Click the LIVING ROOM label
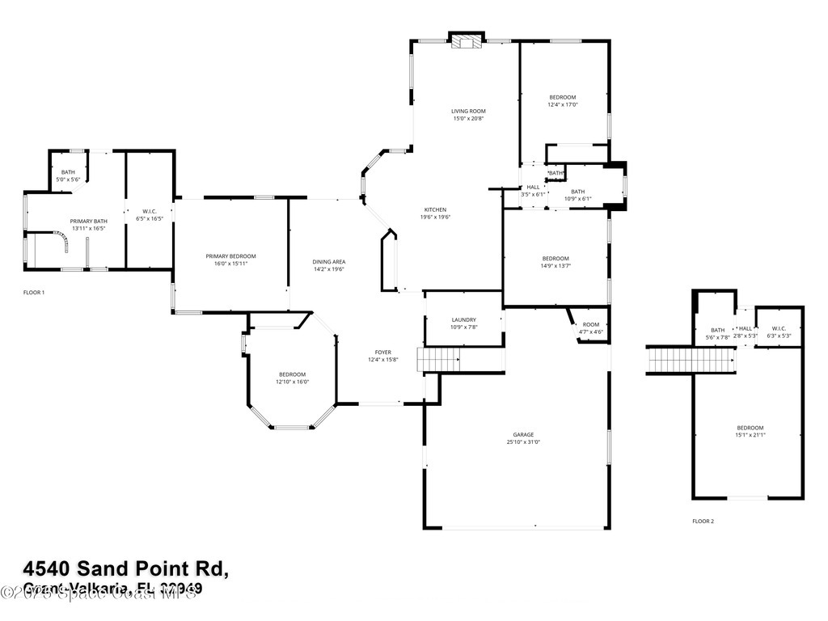pos(468,111)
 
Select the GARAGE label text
pos(523,434)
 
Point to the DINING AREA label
pos(329,262)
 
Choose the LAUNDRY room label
pos(463,319)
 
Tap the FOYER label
pos(382,353)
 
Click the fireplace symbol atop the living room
pos(467,42)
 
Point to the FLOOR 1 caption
pos(34,292)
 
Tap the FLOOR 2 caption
pos(703,522)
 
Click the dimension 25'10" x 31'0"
pos(523,442)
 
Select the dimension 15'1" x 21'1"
pos(750,435)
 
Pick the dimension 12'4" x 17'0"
pos(563,104)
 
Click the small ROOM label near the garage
pos(591,324)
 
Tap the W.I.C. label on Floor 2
pos(777,329)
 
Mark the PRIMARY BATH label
pos(88,221)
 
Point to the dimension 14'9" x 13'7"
pos(556,265)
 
